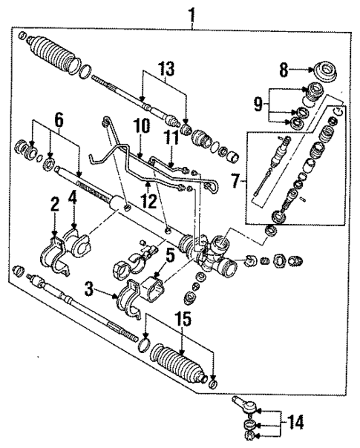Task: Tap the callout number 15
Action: (180, 321)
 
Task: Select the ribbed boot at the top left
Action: (56, 55)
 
